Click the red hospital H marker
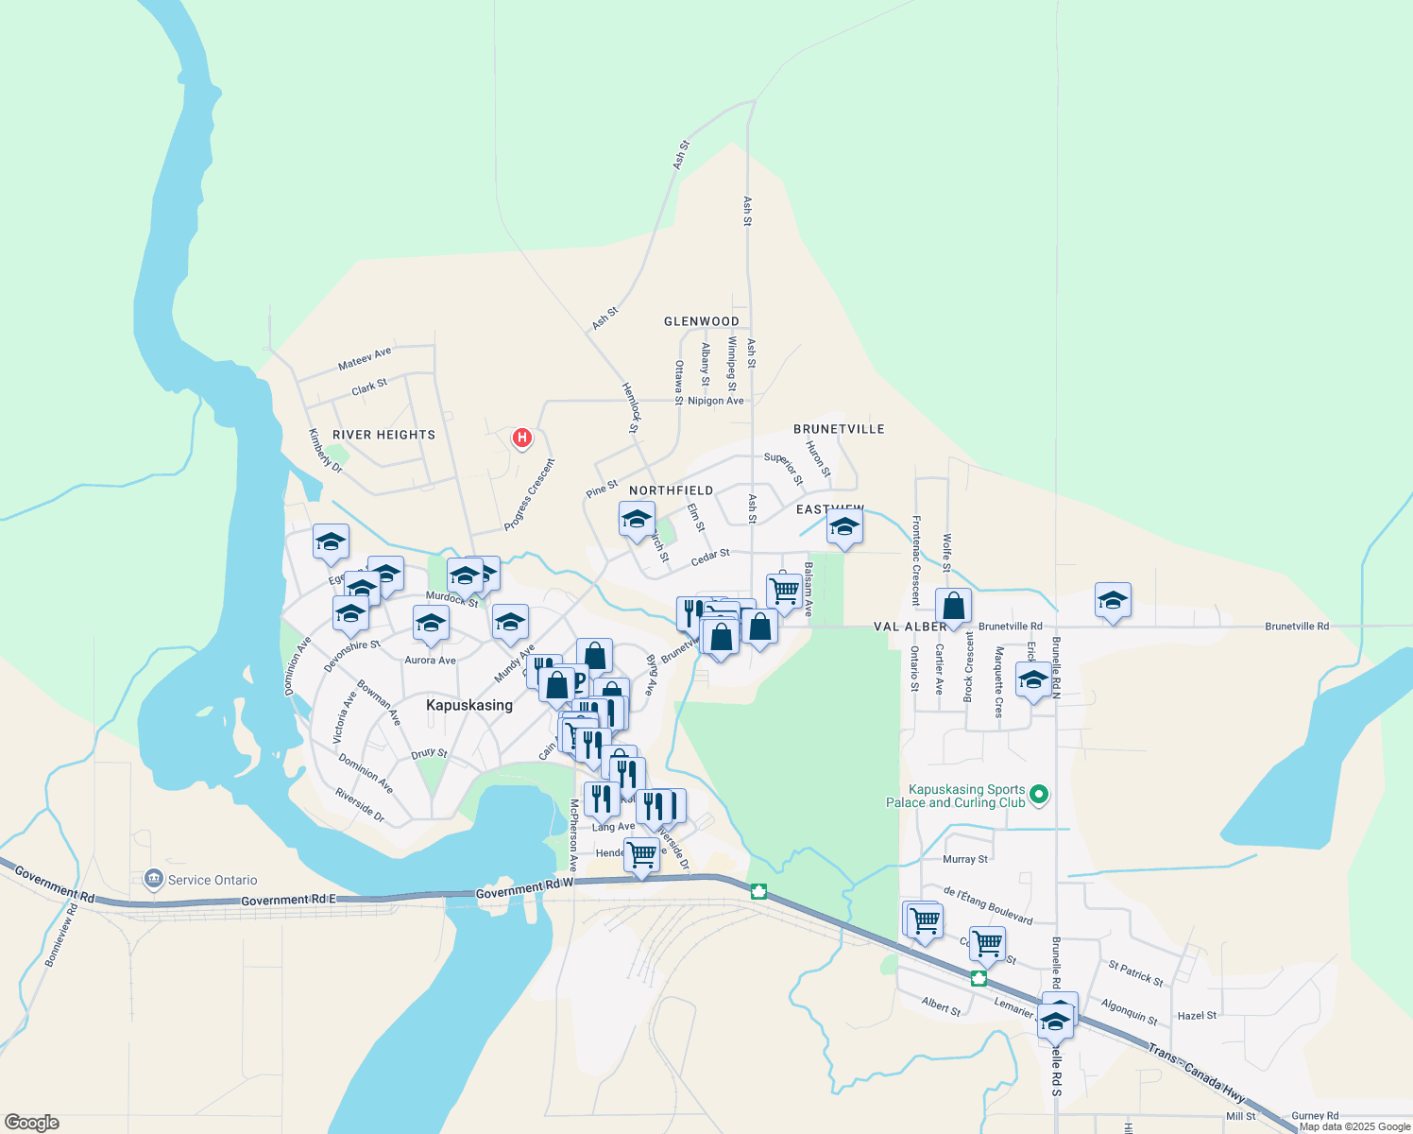(x=521, y=438)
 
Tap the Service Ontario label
(x=212, y=880)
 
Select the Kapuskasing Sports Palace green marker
(x=1039, y=795)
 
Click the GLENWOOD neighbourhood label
(x=702, y=321)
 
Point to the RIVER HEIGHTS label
(x=383, y=435)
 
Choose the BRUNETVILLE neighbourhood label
(x=839, y=429)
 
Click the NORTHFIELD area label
(x=672, y=490)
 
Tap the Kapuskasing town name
(x=469, y=705)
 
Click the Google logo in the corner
(x=31, y=1123)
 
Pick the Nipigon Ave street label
(x=715, y=401)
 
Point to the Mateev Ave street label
(x=365, y=359)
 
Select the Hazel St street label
(x=1197, y=1016)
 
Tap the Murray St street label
(x=965, y=859)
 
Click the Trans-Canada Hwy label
(x=1197, y=1073)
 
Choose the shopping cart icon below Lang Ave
(x=641, y=854)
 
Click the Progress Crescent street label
(x=529, y=494)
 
